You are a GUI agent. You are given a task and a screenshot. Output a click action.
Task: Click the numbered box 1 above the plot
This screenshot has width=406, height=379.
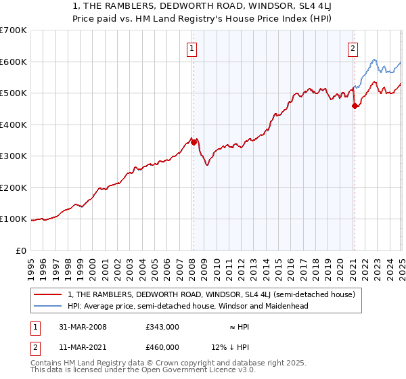(193, 48)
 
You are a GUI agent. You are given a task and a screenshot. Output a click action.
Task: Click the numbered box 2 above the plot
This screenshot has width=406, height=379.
(353, 48)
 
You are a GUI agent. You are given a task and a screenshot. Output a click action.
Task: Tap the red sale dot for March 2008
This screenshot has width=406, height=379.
(194, 142)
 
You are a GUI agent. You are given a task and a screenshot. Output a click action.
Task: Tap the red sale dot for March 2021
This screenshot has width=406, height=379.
(355, 106)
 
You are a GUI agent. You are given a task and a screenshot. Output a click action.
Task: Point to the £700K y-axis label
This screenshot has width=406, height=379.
(14, 30)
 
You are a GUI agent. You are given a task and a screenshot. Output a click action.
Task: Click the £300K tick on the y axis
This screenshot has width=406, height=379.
(14, 156)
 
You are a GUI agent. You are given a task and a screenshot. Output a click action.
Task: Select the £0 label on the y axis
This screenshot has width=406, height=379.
(22, 250)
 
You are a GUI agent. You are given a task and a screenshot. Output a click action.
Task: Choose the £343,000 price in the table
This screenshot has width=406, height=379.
(162, 326)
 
